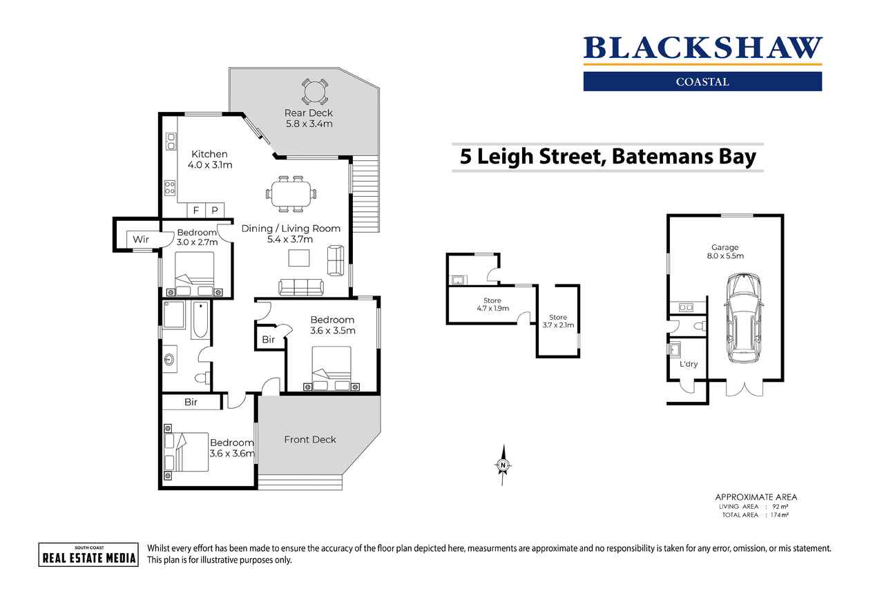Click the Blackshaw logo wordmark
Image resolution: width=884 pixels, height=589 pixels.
coord(702,48)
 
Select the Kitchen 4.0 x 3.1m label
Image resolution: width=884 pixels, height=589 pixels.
coord(210,160)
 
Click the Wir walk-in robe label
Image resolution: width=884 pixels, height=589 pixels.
coord(141,240)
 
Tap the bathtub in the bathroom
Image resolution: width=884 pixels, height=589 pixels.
coord(200,320)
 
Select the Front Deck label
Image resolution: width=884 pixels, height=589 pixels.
coord(310,439)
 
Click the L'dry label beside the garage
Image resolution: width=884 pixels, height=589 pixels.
coord(688,364)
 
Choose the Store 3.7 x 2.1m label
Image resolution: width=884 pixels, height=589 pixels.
coord(558,321)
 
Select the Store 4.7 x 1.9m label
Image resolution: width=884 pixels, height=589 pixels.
coord(492,304)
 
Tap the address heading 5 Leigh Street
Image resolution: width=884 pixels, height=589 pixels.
coord(608,157)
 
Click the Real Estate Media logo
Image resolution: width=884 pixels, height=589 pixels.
coord(88,554)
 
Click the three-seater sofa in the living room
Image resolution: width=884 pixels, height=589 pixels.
coord(300,286)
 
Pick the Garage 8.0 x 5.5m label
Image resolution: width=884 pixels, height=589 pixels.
coord(725,251)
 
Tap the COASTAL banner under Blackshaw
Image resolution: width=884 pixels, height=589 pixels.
coord(702,81)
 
